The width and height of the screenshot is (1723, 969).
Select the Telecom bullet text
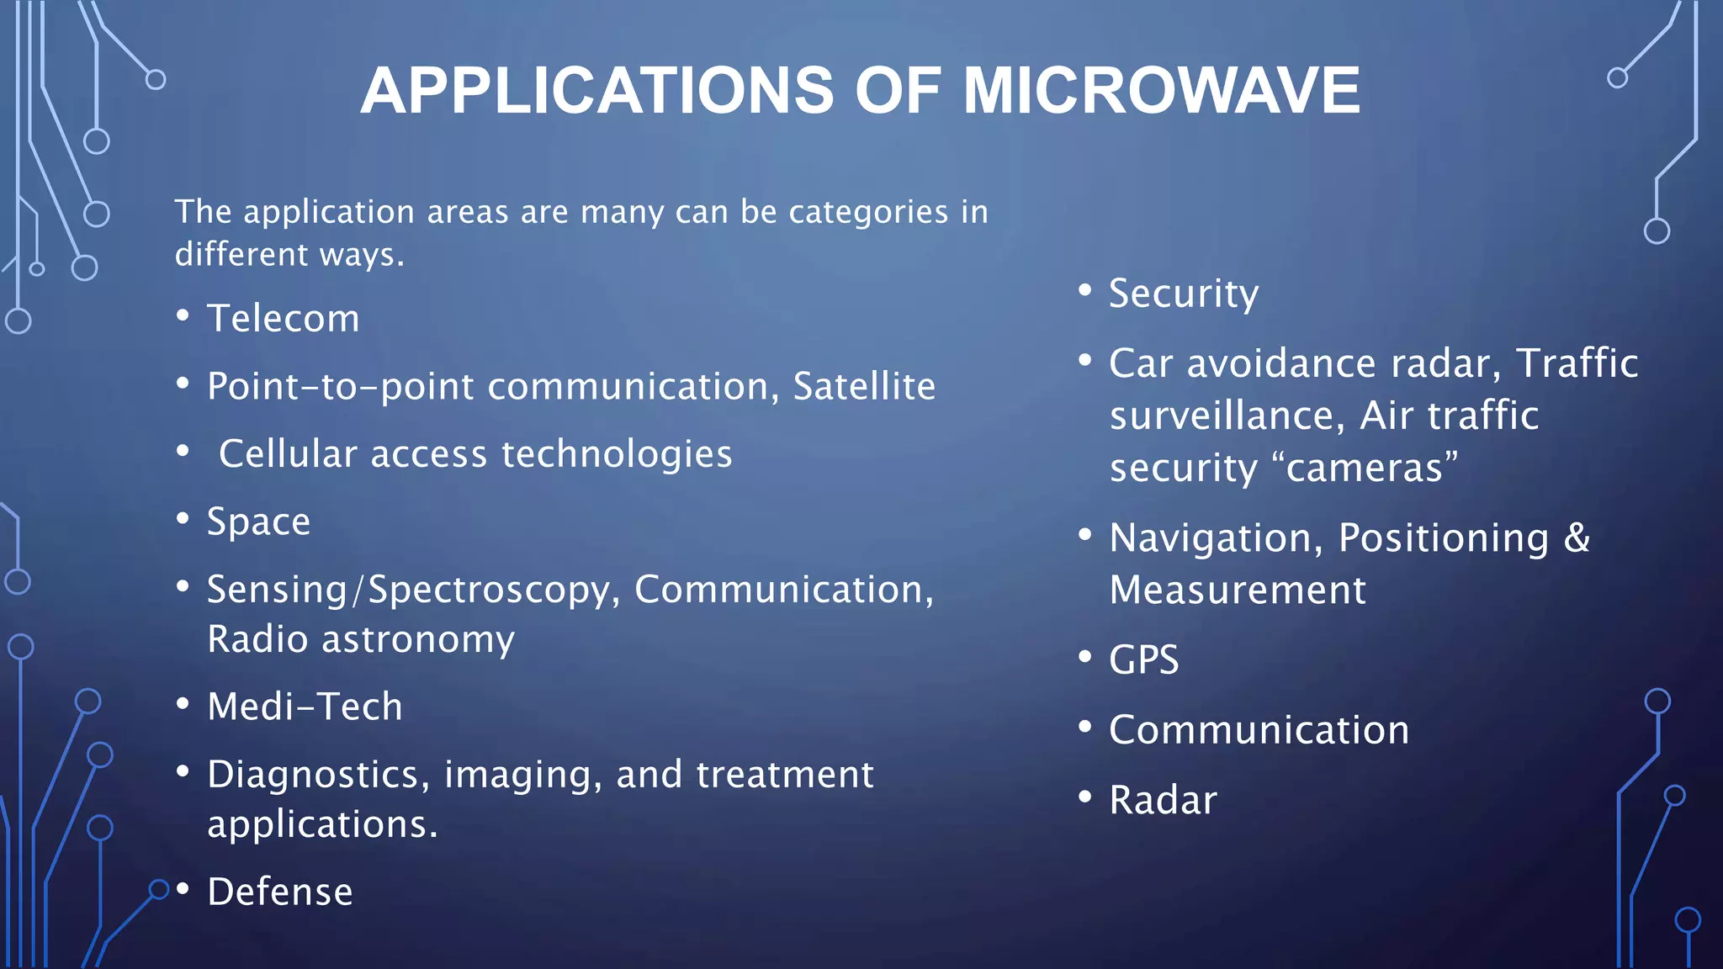click(284, 319)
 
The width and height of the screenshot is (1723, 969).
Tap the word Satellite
click(864, 387)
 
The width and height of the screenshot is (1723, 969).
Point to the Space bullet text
click(259, 522)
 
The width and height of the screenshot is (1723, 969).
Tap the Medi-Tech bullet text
click(305, 707)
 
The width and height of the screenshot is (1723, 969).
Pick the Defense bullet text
click(280, 892)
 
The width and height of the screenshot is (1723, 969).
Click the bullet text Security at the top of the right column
click(1184, 294)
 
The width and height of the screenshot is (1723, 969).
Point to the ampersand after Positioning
click(1577, 537)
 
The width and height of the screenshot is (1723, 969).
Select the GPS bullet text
click(1144, 659)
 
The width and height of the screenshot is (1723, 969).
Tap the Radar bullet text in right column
click(1163, 800)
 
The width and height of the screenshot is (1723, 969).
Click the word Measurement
click(1238, 590)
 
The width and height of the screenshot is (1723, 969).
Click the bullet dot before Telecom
click(183, 316)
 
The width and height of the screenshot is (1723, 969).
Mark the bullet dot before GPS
click(1084, 656)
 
